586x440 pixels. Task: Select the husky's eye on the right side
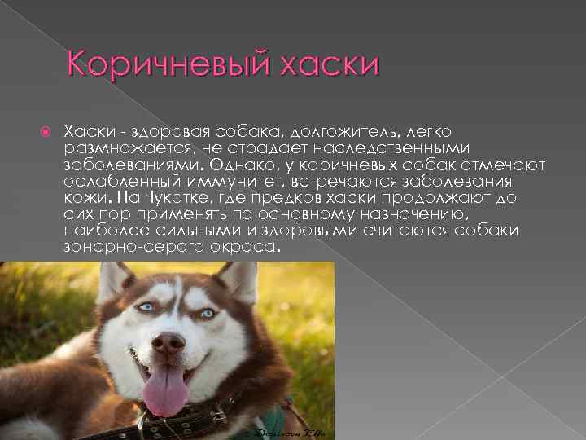click(208, 313)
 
